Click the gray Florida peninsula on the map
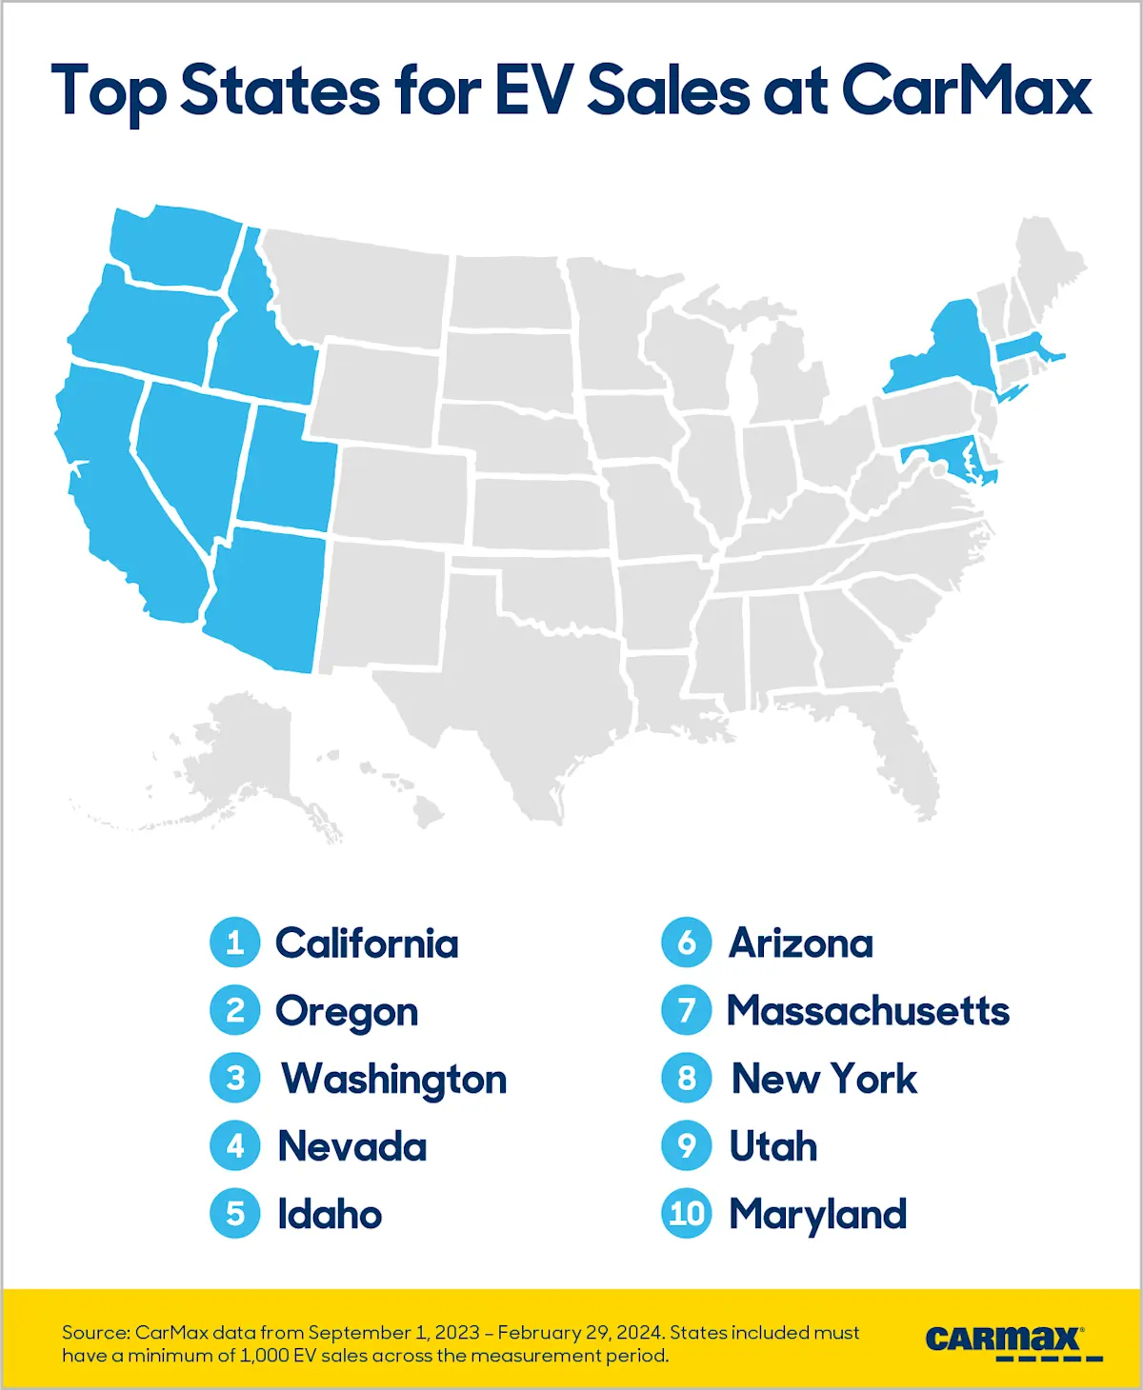point(910,752)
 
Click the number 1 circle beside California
point(234,943)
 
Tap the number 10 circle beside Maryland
point(687,1214)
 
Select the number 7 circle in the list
point(687,1010)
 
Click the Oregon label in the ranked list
point(347,1012)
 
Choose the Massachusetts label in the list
point(868,1010)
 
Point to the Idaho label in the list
point(330,1215)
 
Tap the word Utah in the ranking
point(772,1146)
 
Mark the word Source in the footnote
point(95,1332)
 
